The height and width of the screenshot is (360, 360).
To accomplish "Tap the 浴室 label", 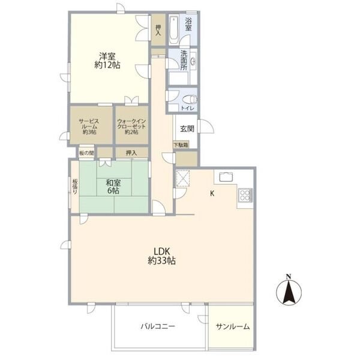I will pyautogui.click(x=188, y=24).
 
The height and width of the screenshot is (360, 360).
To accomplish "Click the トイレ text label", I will pyautogui.click(x=187, y=109).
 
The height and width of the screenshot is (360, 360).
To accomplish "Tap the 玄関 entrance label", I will pyautogui.click(x=186, y=128).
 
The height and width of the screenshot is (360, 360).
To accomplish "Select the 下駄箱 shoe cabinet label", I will pyautogui.click(x=181, y=145).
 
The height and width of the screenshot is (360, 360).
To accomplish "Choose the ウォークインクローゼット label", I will pyautogui.click(x=131, y=126).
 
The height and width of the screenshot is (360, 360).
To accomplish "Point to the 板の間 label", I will pyautogui.click(x=85, y=153).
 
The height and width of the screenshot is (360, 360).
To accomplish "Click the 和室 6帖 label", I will pyautogui.click(x=112, y=186).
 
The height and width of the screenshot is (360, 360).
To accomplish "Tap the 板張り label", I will pyautogui.click(x=75, y=187).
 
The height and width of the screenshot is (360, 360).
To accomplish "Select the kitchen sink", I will pyautogui.click(x=226, y=176).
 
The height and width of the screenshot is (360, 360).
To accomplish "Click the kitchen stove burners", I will pyautogui.click(x=245, y=195).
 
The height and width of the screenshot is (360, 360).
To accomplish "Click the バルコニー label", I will pyautogui.click(x=158, y=326).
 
